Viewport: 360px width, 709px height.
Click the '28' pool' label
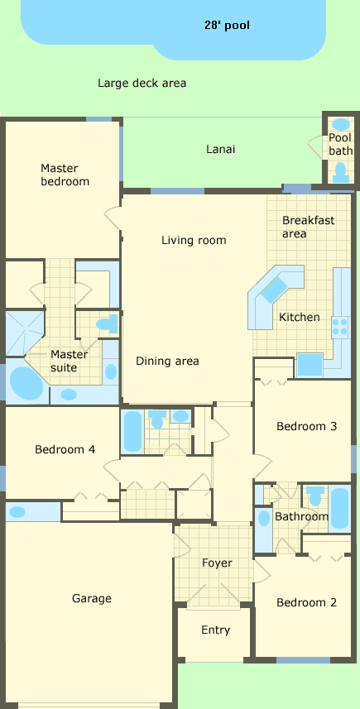[x=227, y=26]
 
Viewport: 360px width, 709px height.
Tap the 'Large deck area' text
[x=142, y=84]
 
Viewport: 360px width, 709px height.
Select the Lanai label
[x=221, y=149]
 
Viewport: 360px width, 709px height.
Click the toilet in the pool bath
[x=340, y=173]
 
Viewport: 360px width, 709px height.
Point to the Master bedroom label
[x=65, y=175]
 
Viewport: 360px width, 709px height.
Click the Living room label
[x=194, y=240]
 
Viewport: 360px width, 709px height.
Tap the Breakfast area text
[x=309, y=227]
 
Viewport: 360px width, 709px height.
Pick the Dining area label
[x=167, y=361]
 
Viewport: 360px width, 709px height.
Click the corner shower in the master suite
[x=25, y=333]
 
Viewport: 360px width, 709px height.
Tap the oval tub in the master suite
[x=26, y=383]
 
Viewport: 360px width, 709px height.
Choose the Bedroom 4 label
[x=65, y=449]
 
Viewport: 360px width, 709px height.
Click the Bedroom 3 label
[x=307, y=426]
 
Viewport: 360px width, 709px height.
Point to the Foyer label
[x=217, y=563]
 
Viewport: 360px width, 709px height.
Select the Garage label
[x=91, y=599]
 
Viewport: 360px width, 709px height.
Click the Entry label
[x=216, y=630]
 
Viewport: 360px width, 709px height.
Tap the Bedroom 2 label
[x=307, y=602]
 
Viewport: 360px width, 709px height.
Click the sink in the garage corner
[x=17, y=512]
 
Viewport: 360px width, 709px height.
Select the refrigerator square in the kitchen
[x=310, y=366]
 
